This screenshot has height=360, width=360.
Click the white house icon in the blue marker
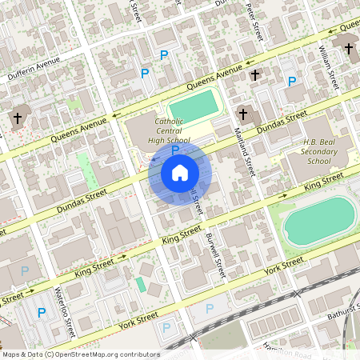pos(180,173)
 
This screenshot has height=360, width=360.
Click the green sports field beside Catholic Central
pos(193,105)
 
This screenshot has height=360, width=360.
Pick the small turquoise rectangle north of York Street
pos(141,284)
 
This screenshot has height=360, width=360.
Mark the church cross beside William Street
pos(348,49)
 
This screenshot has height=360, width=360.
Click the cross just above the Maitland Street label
pos(243,114)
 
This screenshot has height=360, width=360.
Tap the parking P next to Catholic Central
pos(174,149)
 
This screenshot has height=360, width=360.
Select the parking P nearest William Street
pos(292,81)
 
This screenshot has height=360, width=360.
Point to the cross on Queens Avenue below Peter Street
pos(254,74)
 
